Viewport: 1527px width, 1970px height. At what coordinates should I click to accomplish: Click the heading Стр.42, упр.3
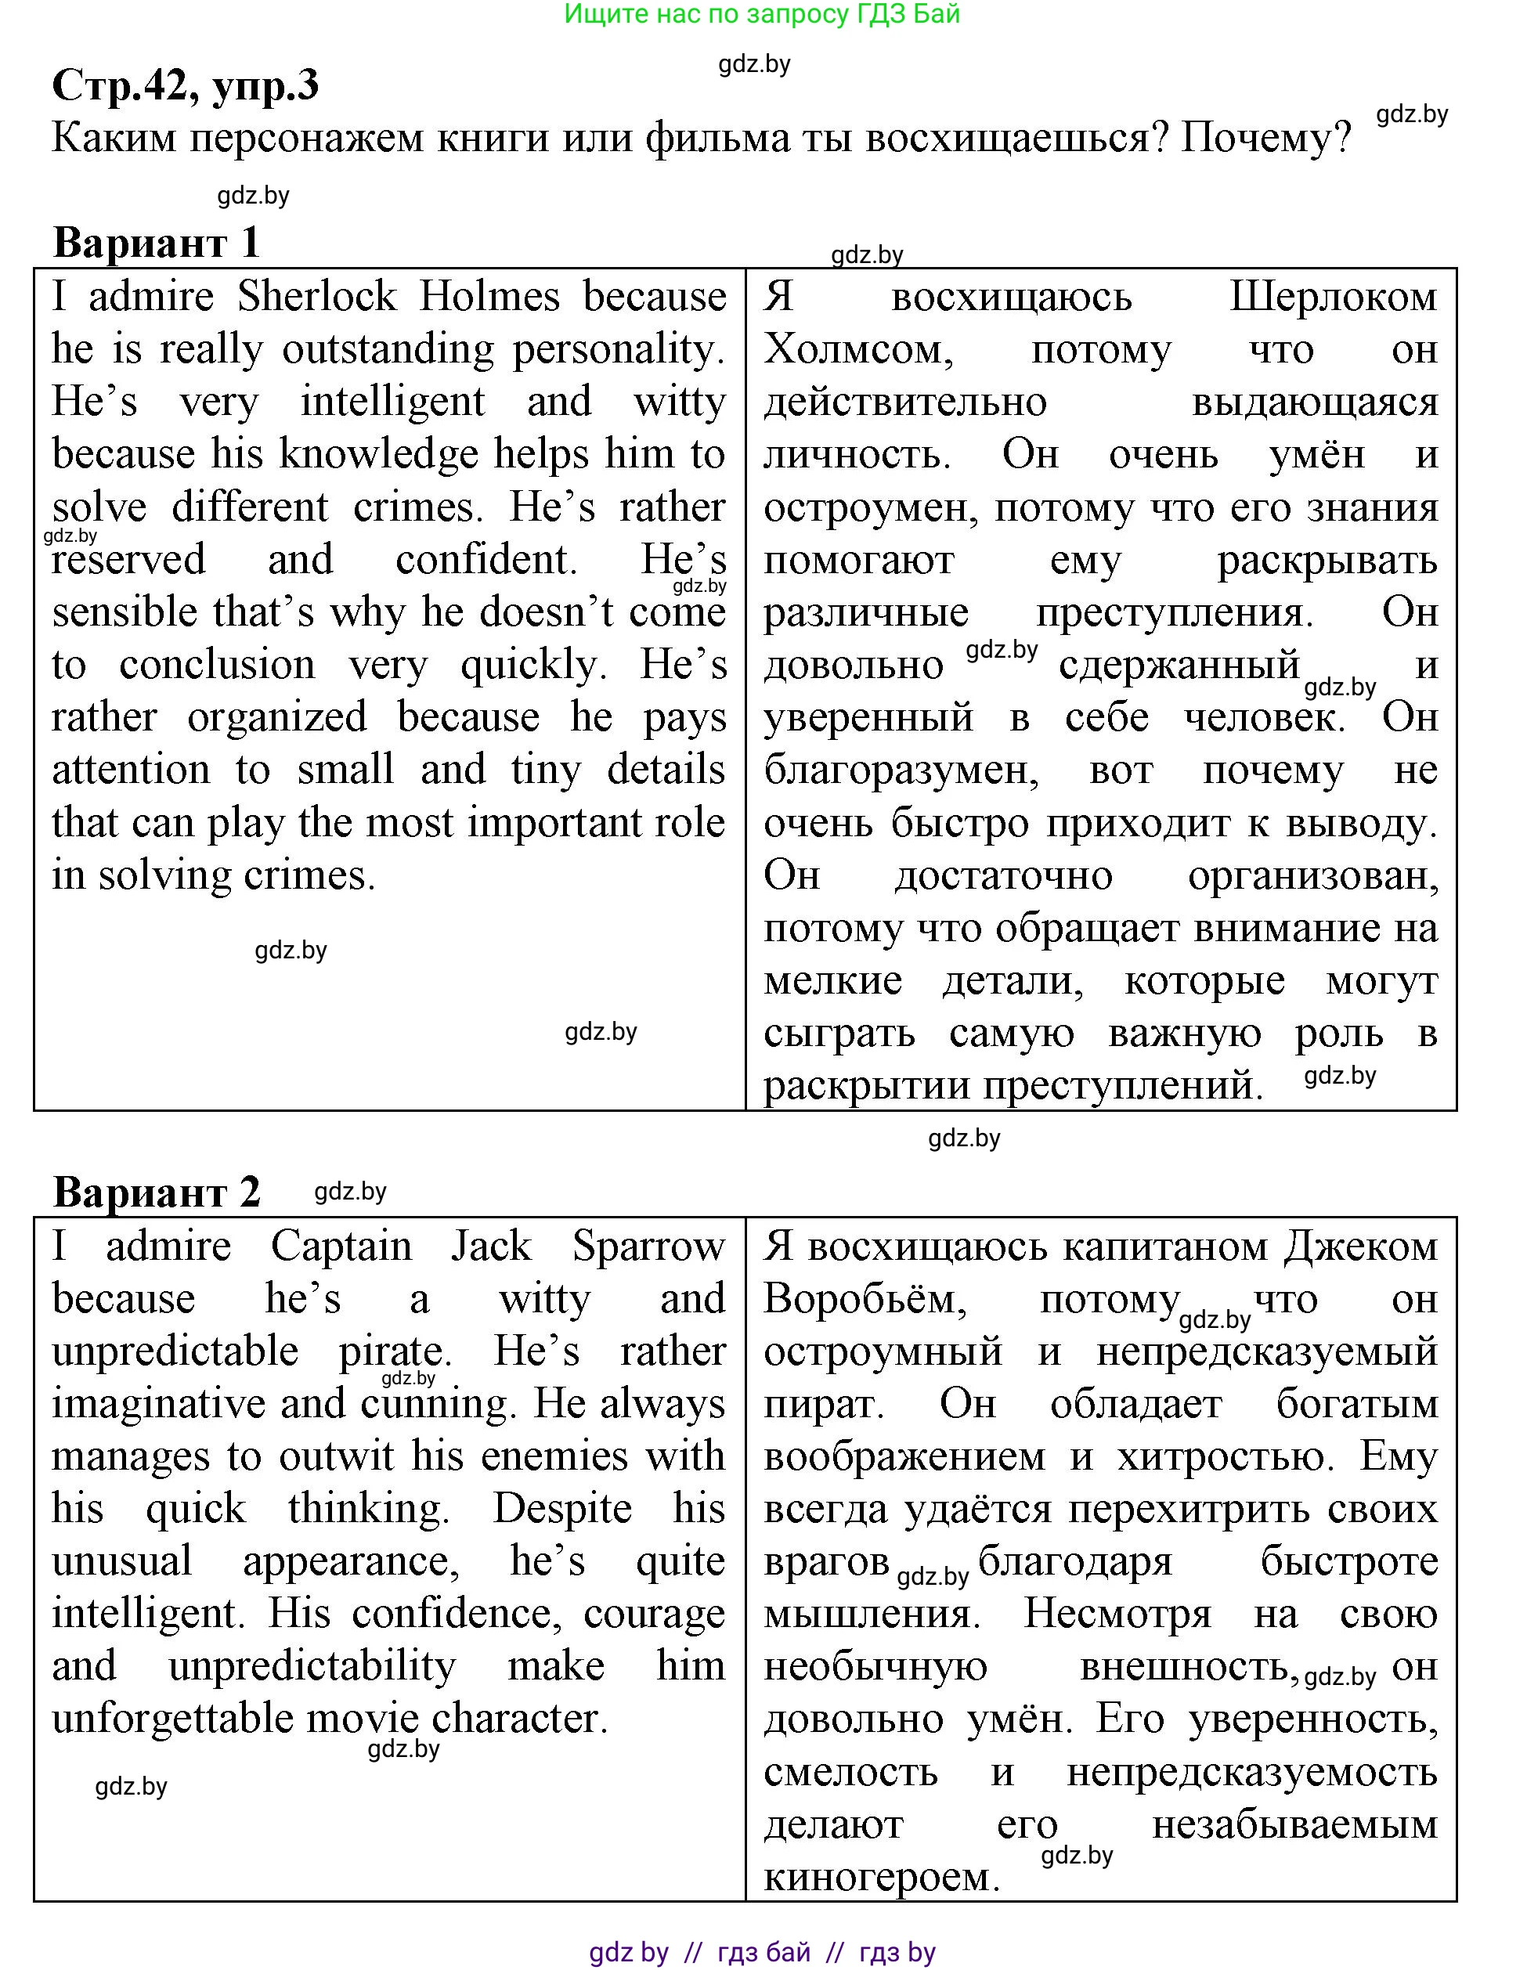click(x=186, y=85)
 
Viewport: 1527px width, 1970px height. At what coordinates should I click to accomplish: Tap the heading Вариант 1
click(x=156, y=242)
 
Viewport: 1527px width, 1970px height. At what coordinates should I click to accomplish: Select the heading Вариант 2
click(x=156, y=1192)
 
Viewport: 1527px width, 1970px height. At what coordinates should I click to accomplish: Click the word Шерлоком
click(x=1333, y=297)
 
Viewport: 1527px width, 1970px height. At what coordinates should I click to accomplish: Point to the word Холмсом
click(x=857, y=350)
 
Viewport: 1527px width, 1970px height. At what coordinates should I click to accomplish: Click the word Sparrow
click(x=648, y=1247)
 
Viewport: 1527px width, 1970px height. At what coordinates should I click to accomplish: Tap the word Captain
click(x=341, y=1247)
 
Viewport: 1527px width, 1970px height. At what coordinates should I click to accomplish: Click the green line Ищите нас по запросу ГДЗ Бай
click(x=762, y=13)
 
